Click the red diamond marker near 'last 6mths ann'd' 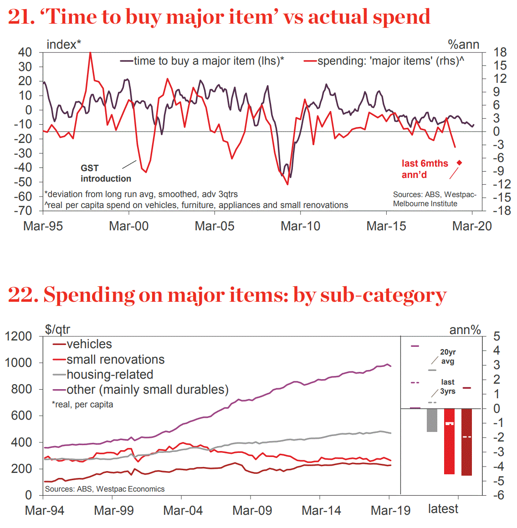tap(460, 162)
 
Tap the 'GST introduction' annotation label tap(106, 173)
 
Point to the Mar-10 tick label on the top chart tap(300, 226)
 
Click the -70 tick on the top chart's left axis tap(25, 211)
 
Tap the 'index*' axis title tap(64, 45)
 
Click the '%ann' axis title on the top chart tap(463, 45)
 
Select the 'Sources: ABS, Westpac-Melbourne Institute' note tap(435, 199)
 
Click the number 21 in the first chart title tap(21, 17)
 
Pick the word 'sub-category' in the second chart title tap(383, 295)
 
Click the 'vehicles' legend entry tap(89, 344)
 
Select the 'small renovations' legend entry tap(115, 360)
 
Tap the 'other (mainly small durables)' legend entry tap(147, 390)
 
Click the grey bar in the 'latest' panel tap(432, 420)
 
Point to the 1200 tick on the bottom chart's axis tap(18, 336)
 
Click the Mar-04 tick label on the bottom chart tap(183, 511)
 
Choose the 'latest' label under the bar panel tap(443, 509)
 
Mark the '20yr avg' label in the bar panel tap(447, 356)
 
